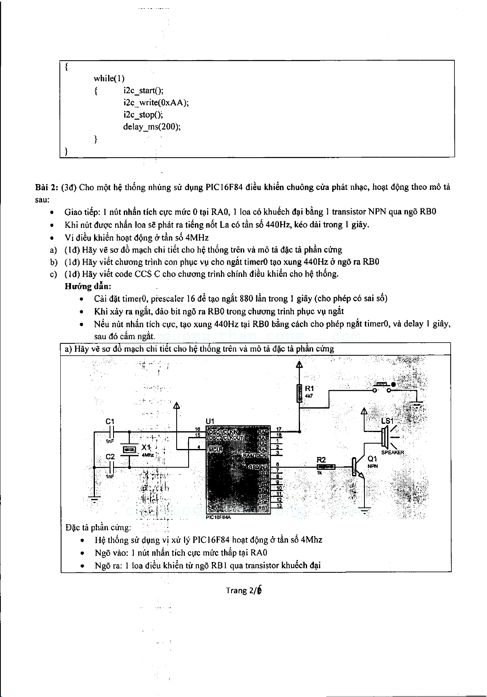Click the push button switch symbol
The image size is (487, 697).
382,387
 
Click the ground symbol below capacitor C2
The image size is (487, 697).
95,500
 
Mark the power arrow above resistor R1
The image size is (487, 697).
299,364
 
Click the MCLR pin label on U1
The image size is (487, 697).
215,449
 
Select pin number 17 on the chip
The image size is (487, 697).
279,430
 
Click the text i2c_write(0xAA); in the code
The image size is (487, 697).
156,102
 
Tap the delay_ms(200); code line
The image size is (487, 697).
151,127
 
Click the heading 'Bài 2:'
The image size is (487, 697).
46,187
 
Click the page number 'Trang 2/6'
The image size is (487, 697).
243,590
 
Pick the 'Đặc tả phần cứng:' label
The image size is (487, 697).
98,527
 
